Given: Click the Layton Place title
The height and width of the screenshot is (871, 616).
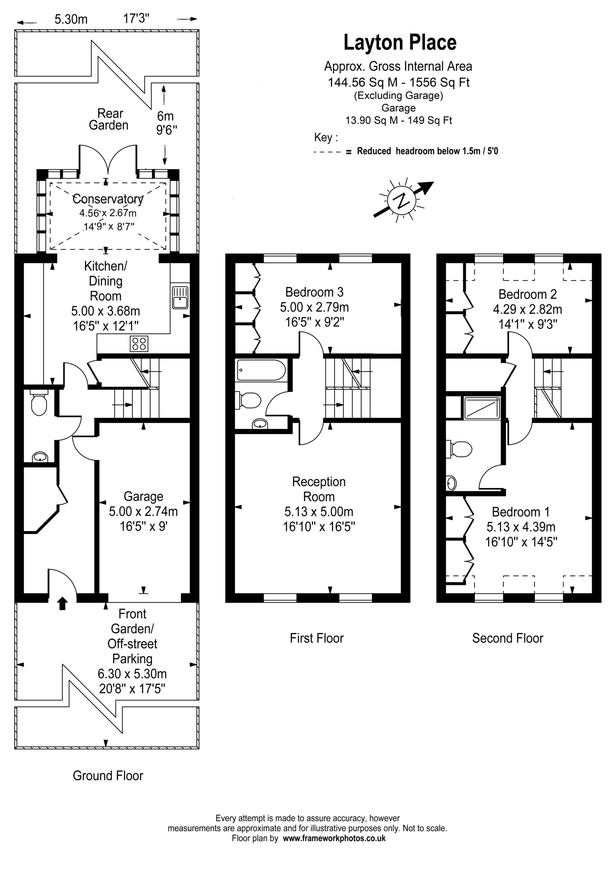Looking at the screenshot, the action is coord(400,43).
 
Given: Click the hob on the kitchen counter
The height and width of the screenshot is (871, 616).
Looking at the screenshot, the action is coord(139,344).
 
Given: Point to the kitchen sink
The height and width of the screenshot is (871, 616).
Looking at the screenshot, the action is coord(180,297).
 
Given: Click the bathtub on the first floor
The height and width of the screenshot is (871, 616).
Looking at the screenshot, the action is coord(261,370).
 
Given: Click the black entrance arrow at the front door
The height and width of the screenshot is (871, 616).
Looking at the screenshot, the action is coord(63,603).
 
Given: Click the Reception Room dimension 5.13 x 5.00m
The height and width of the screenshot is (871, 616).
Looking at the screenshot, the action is coord(319,511).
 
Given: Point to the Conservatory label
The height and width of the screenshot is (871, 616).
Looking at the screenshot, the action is coord(108,199).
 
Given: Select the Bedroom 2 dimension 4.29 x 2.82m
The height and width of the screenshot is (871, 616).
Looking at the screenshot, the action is coord(528,309).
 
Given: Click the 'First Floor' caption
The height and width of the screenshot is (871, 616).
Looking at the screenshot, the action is coord(317,638).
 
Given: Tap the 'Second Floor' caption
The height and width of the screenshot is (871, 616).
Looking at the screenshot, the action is coord(507,638).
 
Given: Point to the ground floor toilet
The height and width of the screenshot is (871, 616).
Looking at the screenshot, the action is coord(39,402).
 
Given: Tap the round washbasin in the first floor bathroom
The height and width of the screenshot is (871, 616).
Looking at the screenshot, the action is coord(260,423).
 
